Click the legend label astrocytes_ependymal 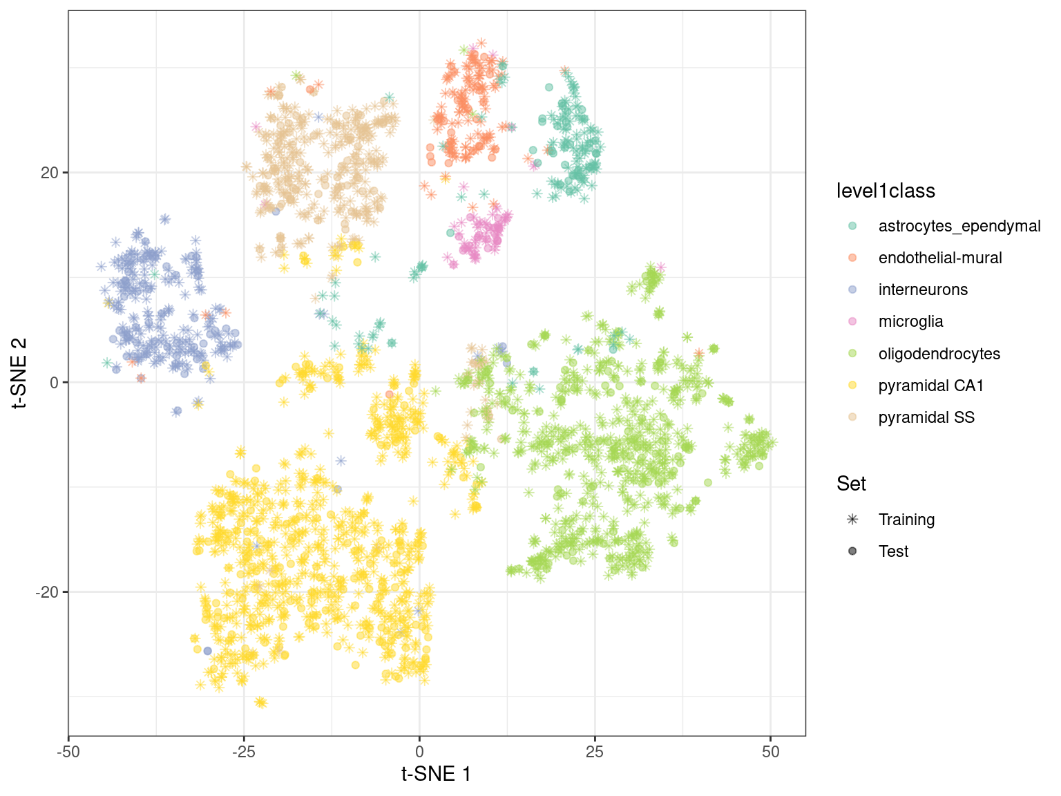959,226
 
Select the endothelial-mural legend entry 939,258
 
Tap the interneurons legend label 923,290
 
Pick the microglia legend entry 910,321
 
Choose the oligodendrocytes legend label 939,354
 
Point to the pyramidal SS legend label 926,417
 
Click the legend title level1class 886,191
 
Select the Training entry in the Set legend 906,520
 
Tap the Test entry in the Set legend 893,551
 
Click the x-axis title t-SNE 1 437,774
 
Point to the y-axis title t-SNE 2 20,373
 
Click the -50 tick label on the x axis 68,752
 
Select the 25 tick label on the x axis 595,752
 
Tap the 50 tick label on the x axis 771,752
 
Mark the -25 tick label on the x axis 243,752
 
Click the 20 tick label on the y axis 50,173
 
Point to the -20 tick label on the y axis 47,592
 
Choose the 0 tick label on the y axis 54,382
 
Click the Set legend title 851,484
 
